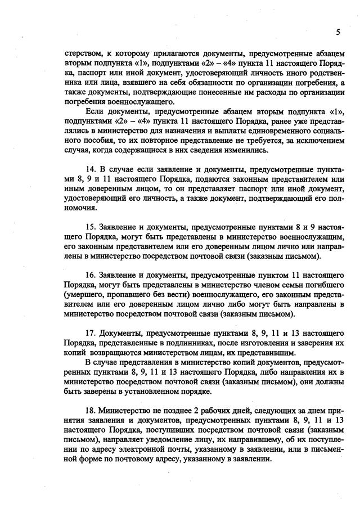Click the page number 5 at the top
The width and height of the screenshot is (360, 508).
tap(338, 32)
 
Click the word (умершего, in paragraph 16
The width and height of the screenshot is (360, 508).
tap(84, 295)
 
